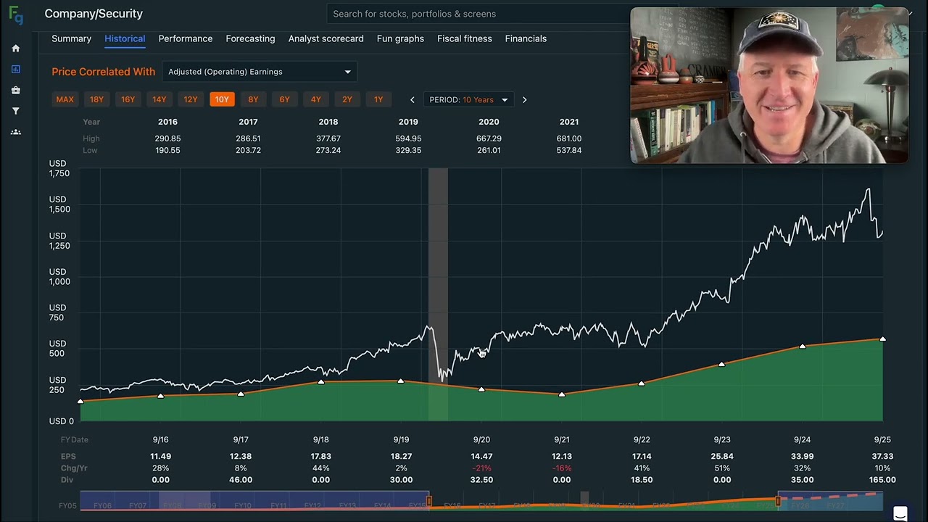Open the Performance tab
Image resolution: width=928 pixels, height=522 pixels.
186,38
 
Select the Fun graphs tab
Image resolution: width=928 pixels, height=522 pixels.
400,38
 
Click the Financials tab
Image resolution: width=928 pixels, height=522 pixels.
526,38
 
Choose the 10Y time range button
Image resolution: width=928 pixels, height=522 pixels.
222,99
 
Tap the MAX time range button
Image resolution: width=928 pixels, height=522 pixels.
65,99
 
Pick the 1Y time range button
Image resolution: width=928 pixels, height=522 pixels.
378,99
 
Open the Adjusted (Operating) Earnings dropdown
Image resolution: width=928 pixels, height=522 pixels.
259,72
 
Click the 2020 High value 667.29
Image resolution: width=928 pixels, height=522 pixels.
489,138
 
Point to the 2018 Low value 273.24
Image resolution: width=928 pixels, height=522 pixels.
328,150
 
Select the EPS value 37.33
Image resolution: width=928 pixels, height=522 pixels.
882,456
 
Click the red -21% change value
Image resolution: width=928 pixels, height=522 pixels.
481,468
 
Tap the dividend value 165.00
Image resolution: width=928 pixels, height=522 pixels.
882,480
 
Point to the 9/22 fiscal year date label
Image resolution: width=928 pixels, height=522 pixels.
642,440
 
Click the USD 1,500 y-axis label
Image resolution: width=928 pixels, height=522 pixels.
59,204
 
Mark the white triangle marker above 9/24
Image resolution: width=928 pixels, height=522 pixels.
803,347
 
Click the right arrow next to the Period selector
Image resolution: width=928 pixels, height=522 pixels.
524,100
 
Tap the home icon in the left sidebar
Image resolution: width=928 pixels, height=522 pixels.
16,49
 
